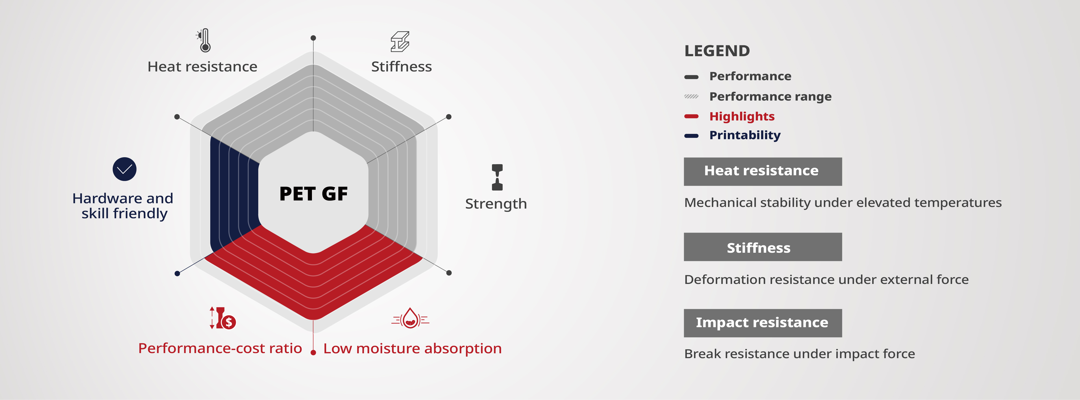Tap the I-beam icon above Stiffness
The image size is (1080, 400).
[x=400, y=41]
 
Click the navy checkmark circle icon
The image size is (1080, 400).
[x=124, y=169]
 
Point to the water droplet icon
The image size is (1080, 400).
[x=411, y=319]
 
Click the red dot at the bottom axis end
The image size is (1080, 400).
[x=313, y=353]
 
